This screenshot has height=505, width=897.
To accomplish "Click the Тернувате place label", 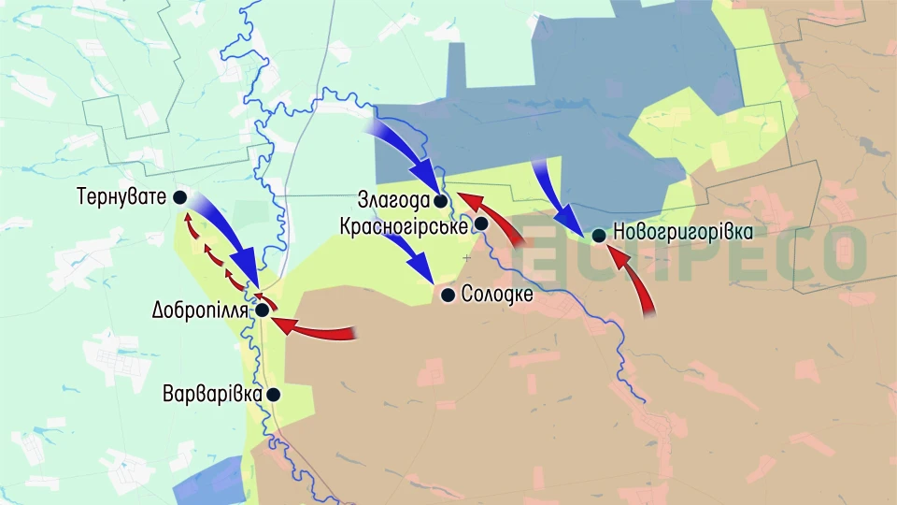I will point(121,197).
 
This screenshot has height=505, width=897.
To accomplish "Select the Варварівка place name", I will point(211,395).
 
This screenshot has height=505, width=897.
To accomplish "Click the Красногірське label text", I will point(404,225).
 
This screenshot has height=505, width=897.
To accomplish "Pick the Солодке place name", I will point(497,296).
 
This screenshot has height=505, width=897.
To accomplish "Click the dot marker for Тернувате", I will point(179,197).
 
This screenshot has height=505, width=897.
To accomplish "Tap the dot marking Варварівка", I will point(273,395).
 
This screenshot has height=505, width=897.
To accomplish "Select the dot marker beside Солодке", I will point(448,296).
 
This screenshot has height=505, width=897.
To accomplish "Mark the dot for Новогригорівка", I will point(598,235).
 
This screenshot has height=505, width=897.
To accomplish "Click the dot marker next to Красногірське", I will point(481,224).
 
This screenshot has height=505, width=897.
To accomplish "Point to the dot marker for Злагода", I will point(440,200).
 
